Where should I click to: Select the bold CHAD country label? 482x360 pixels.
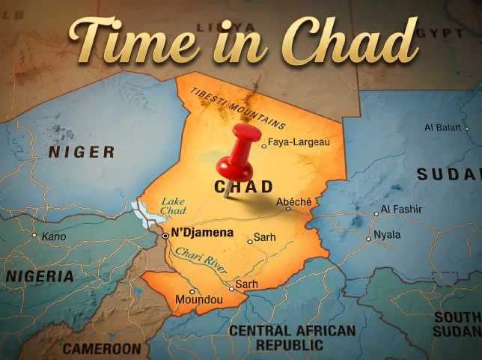[244, 187]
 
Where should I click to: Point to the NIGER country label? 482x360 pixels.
[82, 153]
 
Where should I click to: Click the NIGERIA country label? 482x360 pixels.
[40, 276]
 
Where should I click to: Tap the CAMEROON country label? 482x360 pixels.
[101, 349]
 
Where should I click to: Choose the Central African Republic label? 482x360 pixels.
[292, 338]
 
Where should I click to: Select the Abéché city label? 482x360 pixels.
[293, 202]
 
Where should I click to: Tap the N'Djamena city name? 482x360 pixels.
[202, 233]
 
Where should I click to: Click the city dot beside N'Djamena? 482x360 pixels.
[165, 235]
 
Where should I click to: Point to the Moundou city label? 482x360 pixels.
[198, 300]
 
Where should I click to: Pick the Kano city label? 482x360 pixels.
[53, 237]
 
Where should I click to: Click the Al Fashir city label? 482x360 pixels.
[401, 210]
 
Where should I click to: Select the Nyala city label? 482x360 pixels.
[387, 234]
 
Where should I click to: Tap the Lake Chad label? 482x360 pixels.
[173, 207]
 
